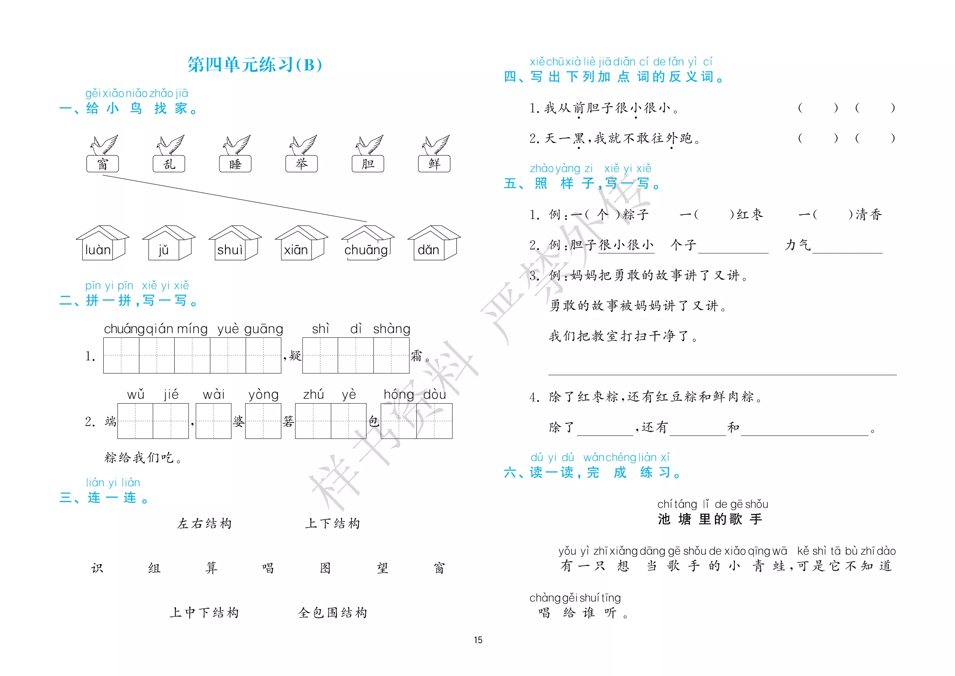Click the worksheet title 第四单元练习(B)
pyautogui.click(x=255, y=65)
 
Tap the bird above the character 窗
pyautogui.click(x=104, y=145)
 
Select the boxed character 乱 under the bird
pyautogui.click(x=169, y=164)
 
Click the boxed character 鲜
pyautogui.click(x=434, y=164)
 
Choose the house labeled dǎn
pyautogui.click(x=434, y=243)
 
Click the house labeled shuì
pyautogui.click(x=235, y=243)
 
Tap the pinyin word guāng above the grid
pyautogui.click(x=264, y=329)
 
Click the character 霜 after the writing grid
pyautogui.click(x=416, y=356)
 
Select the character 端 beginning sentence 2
pyautogui.click(x=111, y=421)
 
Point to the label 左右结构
pyautogui.click(x=204, y=524)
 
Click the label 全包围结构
pyautogui.click(x=333, y=613)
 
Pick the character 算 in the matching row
pyautogui.click(x=211, y=568)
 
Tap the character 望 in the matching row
pyautogui.click(x=382, y=568)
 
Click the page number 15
pyautogui.click(x=478, y=640)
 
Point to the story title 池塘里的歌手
pyautogui.click(x=710, y=519)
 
